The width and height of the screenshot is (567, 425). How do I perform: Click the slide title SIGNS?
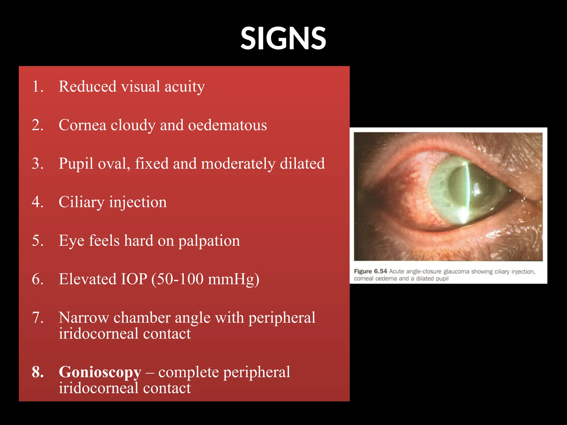coord(283,38)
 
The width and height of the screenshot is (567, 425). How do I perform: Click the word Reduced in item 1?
coord(87,86)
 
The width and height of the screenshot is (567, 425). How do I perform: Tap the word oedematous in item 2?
coord(228,125)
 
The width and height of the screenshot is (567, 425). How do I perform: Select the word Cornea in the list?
coord(83,125)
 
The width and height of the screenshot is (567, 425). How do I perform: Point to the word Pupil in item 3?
coord(76,164)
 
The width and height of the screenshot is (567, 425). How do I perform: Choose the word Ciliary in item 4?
coord(81,202)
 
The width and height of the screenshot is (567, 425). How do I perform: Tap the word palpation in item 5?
coord(209,241)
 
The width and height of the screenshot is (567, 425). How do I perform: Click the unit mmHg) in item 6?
coord(233,279)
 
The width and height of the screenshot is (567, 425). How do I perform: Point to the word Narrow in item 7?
coord(84,317)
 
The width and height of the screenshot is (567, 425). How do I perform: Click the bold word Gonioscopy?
coord(100,372)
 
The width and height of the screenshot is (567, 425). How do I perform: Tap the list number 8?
coord(38,372)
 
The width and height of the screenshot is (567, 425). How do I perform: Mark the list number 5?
coord(38,240)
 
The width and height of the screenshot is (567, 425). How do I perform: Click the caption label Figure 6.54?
coord(370,271)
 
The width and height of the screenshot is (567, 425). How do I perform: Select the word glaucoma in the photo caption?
coord(456,271)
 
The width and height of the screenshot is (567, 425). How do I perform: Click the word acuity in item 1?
coord(185,86)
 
